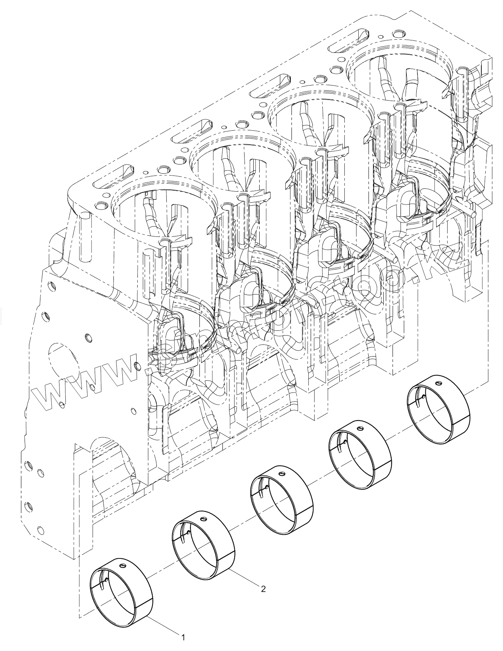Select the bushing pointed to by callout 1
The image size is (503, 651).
pos(121,587)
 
